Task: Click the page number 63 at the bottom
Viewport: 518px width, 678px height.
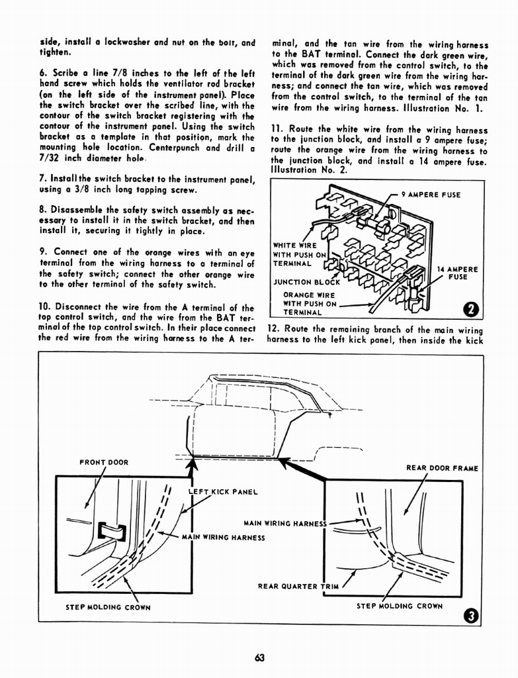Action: point(258,657)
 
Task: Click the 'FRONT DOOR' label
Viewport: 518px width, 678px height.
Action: point(104,462)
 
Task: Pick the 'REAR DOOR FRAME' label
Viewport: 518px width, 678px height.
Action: point(442,468)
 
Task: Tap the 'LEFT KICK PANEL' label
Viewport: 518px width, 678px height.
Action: point(222,492)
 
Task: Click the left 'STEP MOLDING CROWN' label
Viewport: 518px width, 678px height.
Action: point(108,606)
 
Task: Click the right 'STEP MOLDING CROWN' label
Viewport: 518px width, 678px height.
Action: point(400,605)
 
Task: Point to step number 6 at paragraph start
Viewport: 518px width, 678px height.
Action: point(43,72)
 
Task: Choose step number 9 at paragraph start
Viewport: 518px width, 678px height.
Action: point(43,252)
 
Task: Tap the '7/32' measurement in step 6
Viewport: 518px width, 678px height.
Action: point(52,160)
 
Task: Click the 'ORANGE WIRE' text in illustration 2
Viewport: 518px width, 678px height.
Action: point(309,295)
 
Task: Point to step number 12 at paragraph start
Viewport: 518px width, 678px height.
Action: point(273,329)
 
